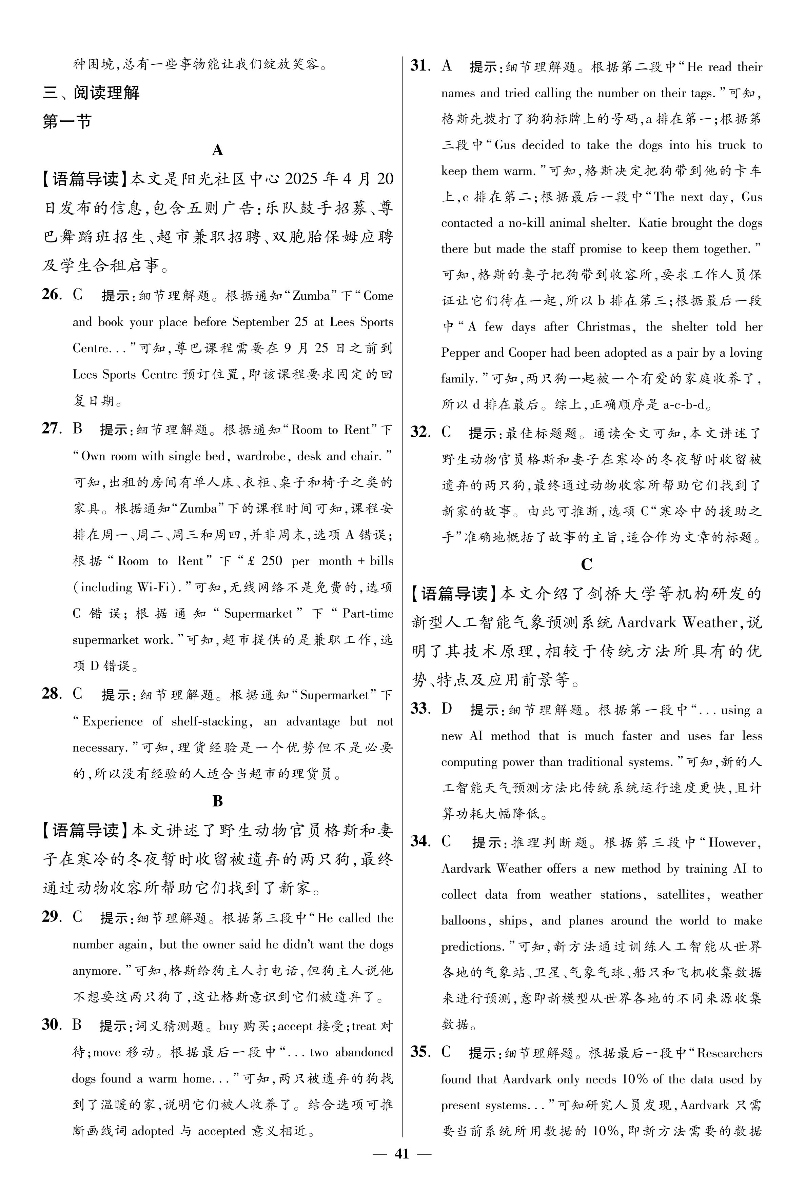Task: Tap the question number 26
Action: click(x=51, y=296)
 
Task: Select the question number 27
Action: click(x=51, y=429)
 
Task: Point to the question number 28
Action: click(x=51, y=694)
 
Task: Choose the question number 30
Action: click(x=51, y=1025)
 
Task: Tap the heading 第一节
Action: click(x=67, y=122)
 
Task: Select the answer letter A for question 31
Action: click(x=446, y=66)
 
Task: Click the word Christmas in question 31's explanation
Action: click(x=604, y=327)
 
